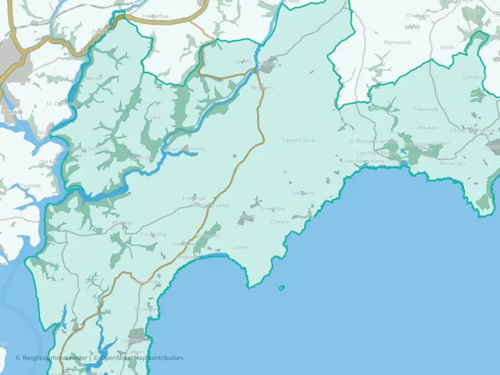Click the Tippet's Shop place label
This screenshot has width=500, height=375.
click(298, 140)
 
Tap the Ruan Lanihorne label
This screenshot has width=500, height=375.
click(185, 149)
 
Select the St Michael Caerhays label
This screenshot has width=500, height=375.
click(373, 141)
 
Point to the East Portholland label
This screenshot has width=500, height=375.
click(364, 161)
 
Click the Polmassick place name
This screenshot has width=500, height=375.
click(397, 42)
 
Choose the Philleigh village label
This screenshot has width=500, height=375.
click(123, 223)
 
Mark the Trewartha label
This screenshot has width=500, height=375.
click(272, 209)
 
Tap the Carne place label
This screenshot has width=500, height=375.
click(241, 247)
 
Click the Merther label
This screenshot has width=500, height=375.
click(94, 78)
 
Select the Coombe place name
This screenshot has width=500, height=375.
click(30, 186)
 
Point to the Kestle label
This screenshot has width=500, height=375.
click(447, 47)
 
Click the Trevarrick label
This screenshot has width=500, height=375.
click(426, 110)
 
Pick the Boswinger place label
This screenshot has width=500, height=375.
click(452, 164)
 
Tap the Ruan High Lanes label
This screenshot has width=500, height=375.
click(209, 205)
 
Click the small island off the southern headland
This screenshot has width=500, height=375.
click(282, 287)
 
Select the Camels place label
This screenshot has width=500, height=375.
click(280, 222)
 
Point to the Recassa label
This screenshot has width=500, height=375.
click(427, 128)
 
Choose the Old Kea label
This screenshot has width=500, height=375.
click(49, 162)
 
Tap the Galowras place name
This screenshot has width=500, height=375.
click(473, 77)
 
